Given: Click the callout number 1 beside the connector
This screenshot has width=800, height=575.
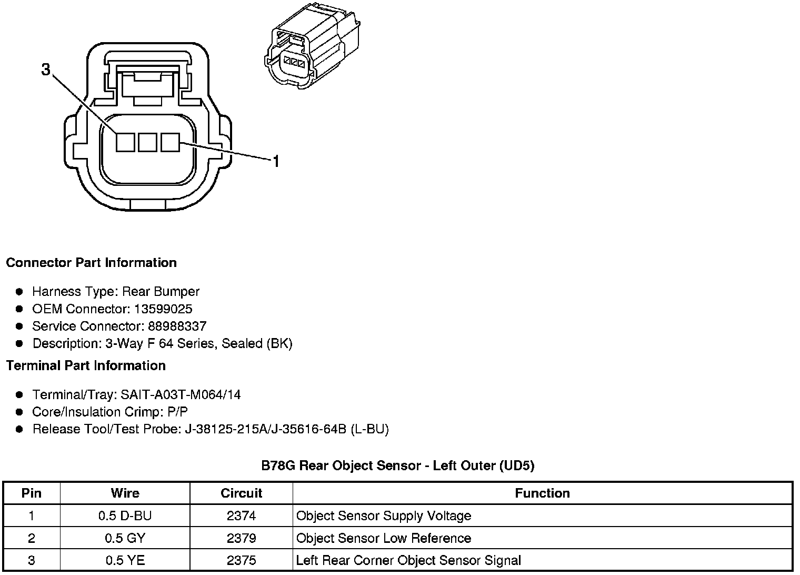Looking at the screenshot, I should point(275,161).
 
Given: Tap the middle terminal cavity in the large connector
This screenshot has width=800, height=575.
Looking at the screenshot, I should point(147,142).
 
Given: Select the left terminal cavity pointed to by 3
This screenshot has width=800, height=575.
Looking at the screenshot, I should point(125,142).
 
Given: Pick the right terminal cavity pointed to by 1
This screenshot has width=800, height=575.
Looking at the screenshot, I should point(170,142).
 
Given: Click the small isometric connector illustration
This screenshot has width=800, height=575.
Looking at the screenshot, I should point(312,47).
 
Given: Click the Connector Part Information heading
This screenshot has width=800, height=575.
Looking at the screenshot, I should point(91,263).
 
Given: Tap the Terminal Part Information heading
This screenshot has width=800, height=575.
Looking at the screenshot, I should point(86,366).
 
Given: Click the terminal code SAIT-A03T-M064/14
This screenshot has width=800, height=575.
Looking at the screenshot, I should point(181,395).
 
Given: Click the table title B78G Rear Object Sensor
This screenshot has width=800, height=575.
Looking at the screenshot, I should point(398,466).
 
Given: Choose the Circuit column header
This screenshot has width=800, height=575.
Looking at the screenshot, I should point(241,493).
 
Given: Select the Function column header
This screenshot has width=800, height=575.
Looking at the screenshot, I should point(542,493).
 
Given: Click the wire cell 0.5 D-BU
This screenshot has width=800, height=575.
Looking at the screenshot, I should point(125,516).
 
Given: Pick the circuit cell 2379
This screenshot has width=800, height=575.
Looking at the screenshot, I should point(241,539).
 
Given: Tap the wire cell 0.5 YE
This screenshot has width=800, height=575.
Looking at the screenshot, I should point(125,561).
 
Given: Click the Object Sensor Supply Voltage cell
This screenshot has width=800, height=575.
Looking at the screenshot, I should point(384,516).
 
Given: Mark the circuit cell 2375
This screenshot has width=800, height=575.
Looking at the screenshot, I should point(241,561).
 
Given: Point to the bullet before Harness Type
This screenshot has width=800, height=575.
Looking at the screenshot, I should point(19,292).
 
